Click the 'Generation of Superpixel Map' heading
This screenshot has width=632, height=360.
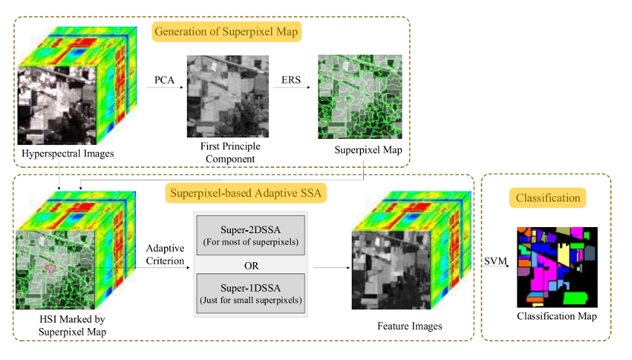coord(226,32)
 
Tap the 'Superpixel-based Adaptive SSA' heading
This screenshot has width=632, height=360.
coord(245,193)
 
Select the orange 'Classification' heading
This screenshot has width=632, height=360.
coord(548,198)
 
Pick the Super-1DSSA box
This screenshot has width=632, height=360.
coord(250,291)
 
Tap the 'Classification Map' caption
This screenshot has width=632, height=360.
coord(557,316)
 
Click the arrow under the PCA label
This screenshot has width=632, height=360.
coord(165,88)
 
